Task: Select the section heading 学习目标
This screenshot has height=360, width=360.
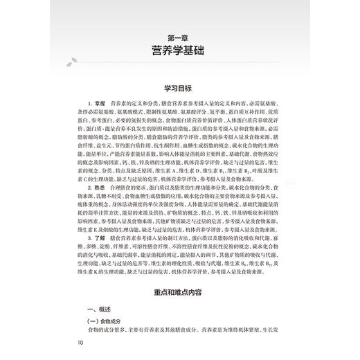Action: pos(179,89)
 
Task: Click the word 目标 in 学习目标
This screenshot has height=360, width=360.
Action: pos(187,89)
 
